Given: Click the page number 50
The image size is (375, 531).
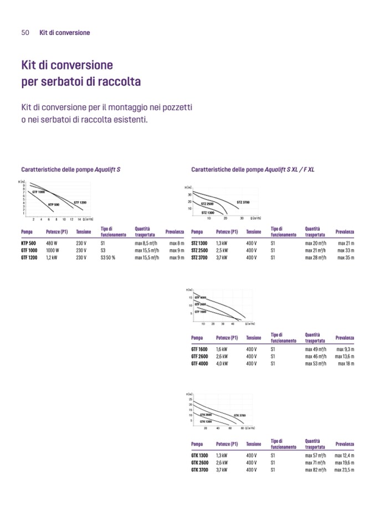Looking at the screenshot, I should tap(25, 33).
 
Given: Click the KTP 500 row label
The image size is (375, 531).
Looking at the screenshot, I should tap(28, 243).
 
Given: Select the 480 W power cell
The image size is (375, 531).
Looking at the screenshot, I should tap(52, 243).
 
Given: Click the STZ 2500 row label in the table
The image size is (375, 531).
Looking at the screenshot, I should tap(199, 250).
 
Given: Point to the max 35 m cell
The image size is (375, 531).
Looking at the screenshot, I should tap(346, 257).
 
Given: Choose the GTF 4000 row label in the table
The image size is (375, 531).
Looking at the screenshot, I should tap(199, 363).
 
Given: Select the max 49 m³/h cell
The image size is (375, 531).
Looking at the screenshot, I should tap(316, 349).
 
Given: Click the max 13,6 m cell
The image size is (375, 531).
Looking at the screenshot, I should tap(345, 357).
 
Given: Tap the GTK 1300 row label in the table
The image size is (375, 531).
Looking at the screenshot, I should tap(199, 455).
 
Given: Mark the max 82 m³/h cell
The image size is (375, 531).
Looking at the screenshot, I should tap(316, 470).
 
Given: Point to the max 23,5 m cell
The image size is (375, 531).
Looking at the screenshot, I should tap(345, 470).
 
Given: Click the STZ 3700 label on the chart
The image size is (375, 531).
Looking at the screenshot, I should tap(243, 203).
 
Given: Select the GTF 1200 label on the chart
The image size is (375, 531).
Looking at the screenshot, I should tap(80, 203).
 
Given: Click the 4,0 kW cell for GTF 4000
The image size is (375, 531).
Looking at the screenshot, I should tap(222, 363).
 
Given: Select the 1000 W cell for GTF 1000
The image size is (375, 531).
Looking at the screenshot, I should tap(53, 250).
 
